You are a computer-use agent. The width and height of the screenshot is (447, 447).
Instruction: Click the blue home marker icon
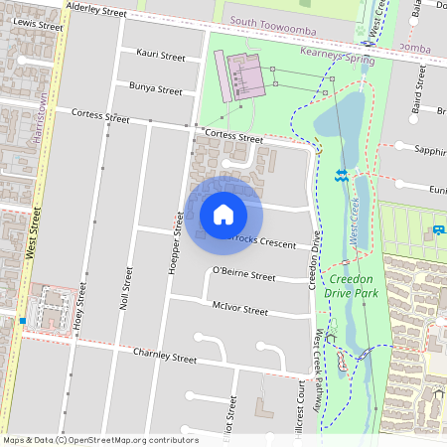(x=223, y=214)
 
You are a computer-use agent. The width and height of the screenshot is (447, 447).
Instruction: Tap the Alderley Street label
(x=96, y=11)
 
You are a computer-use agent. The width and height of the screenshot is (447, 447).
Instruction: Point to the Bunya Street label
(x=156, y=89)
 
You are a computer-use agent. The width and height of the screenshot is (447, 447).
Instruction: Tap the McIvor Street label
(x=239, y=310)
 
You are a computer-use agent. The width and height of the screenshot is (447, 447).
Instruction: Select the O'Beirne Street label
(x=243, y=274)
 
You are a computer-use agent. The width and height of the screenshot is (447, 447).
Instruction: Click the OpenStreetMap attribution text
(x=99, y=440)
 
